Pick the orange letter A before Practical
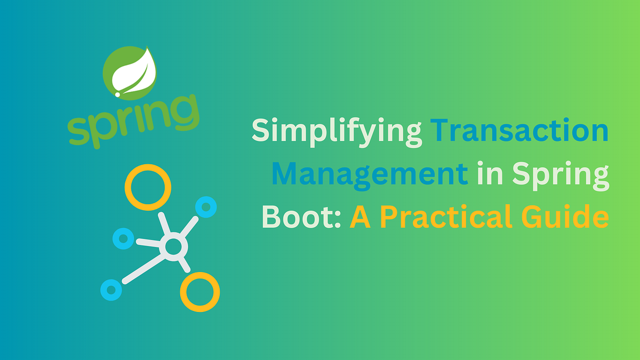tap(362, 218)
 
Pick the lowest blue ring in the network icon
tap(111, 290)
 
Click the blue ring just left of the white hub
tap(123, 238)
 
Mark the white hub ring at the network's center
tap(173, 247)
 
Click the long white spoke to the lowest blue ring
tap(142, 268)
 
